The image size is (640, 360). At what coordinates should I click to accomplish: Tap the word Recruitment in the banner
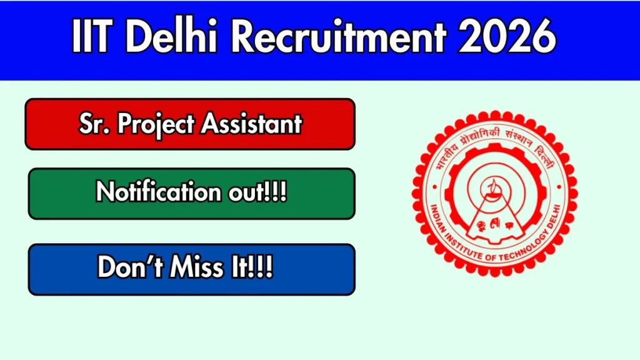[x=338, y=36]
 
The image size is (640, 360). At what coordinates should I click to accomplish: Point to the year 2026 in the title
[x=507, y=36]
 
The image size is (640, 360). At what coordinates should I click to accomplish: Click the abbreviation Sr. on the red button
[x=94, y=123]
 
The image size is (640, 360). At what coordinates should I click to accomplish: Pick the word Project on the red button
[x=156, y=124]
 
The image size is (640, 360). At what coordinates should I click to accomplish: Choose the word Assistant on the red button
[x=251, y=123]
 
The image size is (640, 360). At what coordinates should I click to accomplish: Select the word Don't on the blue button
[x=130, y=267]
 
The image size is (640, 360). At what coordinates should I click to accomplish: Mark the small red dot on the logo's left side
[x=435, y=187]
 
